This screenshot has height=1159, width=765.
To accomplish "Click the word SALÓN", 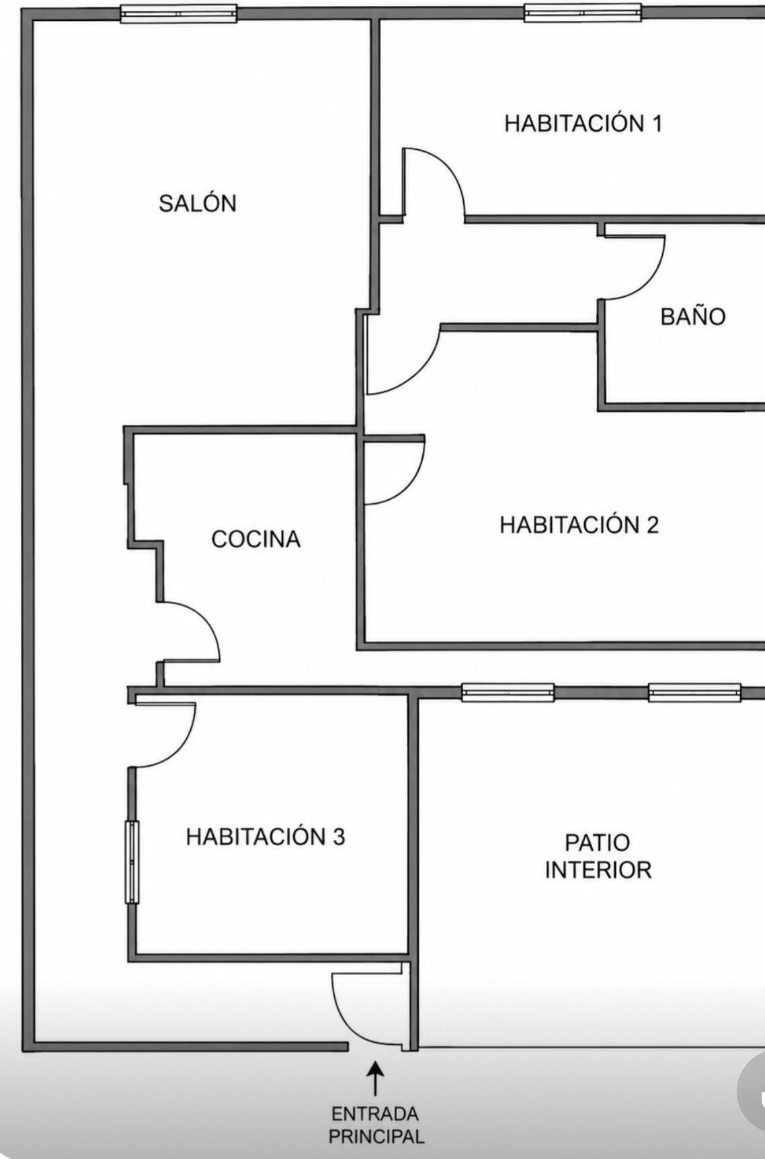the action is (x=198, y=203).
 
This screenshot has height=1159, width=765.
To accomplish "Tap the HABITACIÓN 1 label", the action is (x=583, y=123).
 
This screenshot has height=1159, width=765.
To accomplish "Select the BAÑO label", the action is (x=693, y=316).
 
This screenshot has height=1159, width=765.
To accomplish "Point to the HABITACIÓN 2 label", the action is (x=579, y=524).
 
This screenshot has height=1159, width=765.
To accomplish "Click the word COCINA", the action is (x=256, y=539).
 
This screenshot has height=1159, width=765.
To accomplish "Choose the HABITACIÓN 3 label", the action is (x=266, y=836).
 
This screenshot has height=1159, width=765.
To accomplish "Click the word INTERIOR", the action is (x=598, y=870).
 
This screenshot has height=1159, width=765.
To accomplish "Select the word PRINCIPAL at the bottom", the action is (x=376, y=1137).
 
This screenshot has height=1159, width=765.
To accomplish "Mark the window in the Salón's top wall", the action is (x=179, y=13).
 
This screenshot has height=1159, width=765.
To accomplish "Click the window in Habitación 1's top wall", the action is (x=583, y=12).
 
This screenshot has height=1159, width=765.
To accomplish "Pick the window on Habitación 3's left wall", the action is (x=132, y=862).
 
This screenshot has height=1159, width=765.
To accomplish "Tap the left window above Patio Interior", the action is (x=508, y=692).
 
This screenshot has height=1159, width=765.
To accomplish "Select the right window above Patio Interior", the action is (x=695, y=692).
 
